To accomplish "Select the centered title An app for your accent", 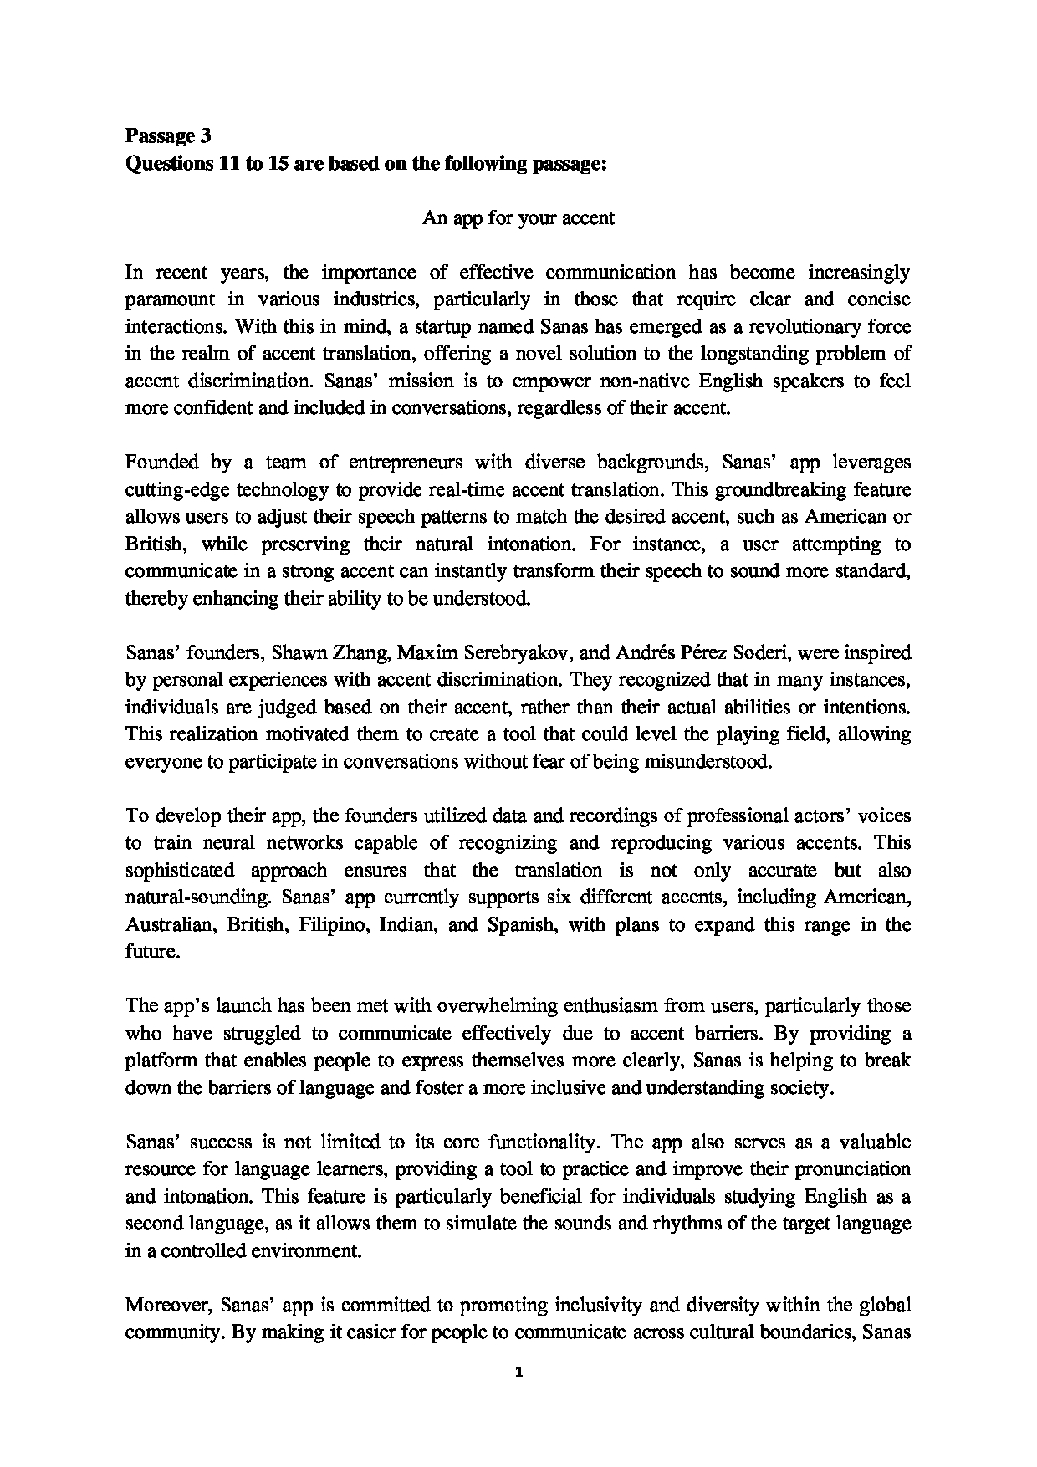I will pyautogui.click(x=518, y=218).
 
